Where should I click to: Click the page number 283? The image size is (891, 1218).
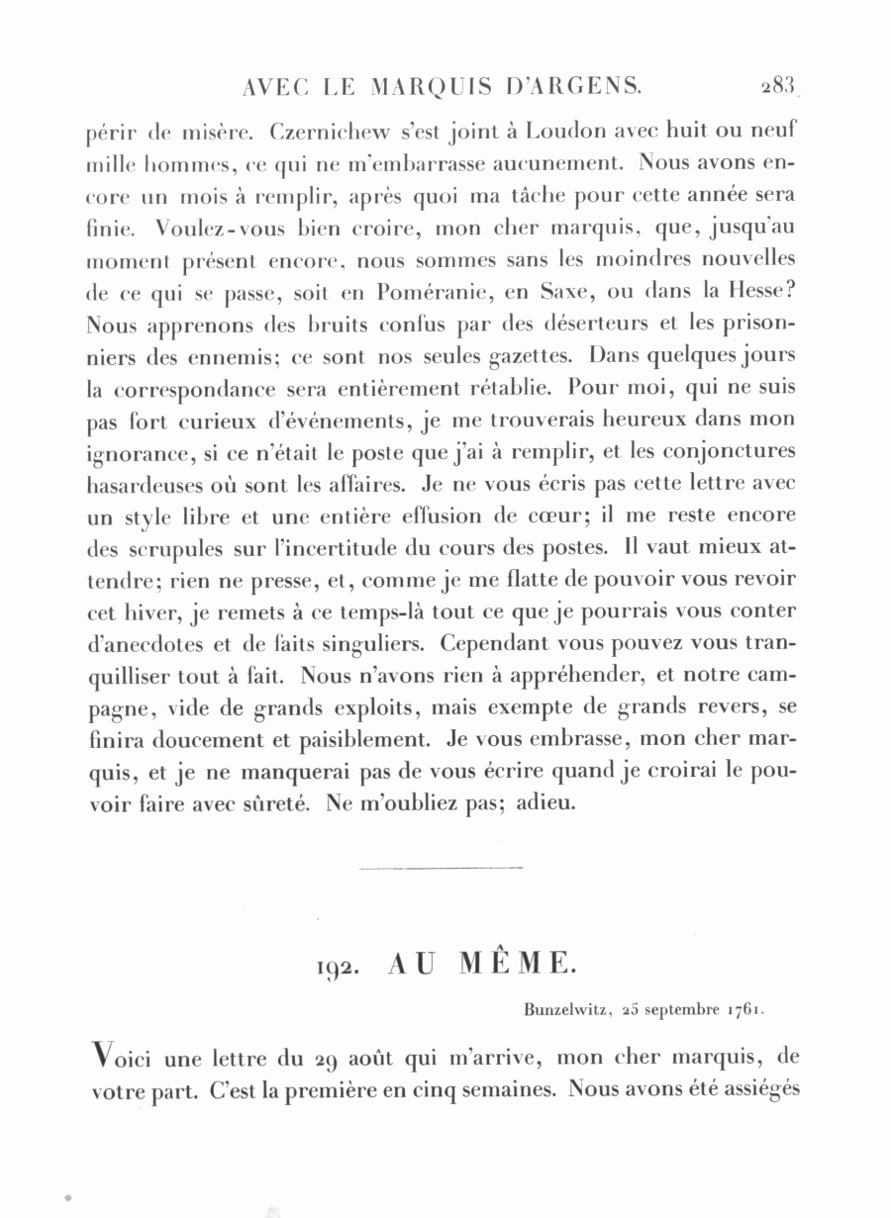778,87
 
